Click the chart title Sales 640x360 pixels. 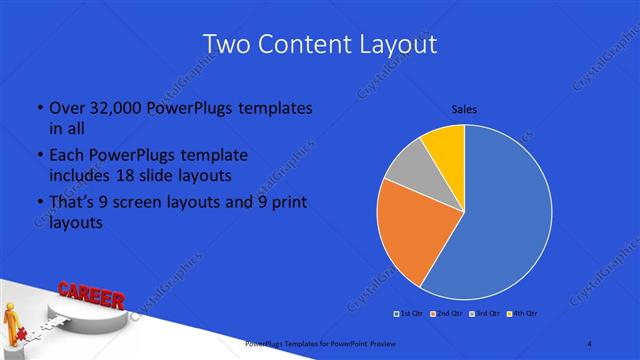click(464, 108)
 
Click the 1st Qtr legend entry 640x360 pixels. click(410, 315)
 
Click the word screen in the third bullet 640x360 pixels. click(146, 204)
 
